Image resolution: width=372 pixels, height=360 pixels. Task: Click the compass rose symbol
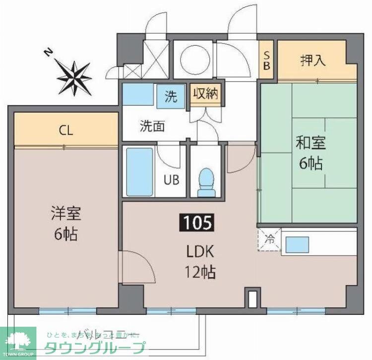coord(74,77)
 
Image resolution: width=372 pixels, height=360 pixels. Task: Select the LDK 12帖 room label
coord(200,262)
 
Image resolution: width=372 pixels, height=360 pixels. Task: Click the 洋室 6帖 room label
coord(65,224)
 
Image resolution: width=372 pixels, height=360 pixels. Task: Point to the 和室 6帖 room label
coord(311,153)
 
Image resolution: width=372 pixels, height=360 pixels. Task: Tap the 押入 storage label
coord(313,61)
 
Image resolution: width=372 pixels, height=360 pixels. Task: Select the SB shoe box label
coord(266,61)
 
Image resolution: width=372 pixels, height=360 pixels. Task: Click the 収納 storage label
coord(206,94)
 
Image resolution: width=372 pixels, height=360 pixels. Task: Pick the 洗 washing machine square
coord(171,97)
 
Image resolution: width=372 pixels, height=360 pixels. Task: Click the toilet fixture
coord(205,182)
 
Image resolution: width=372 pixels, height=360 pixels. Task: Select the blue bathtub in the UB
coord(139,172)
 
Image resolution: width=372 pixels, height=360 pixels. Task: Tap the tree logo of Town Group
coord(18,341)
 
